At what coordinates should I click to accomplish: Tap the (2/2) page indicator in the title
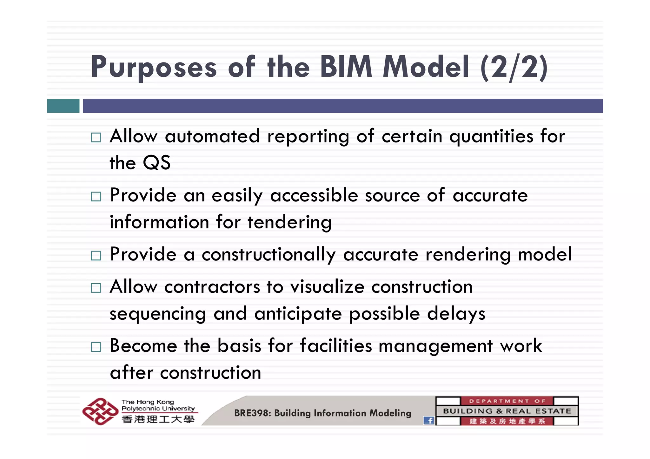click(514, 68)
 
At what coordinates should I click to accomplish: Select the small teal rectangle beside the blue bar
click(63, 106)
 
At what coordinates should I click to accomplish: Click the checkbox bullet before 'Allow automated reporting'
click(96, 137)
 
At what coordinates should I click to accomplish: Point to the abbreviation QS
click(156, 163)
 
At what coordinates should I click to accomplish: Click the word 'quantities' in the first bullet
click(491, 137)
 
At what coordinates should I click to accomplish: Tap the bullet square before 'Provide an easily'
click(96, 196)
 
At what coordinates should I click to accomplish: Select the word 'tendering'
click(289, 222)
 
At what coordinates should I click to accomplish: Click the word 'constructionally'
click(269, 254)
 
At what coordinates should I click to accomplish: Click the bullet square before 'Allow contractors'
click(96, 288)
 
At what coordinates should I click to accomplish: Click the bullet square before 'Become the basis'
click(96, 347)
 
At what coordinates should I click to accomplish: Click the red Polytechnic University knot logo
click(100, 411)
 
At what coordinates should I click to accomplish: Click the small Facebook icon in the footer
click(429, 421)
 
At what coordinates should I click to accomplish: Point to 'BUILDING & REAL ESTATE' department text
click(507, 411)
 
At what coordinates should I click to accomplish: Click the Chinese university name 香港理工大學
click(158, 419)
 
